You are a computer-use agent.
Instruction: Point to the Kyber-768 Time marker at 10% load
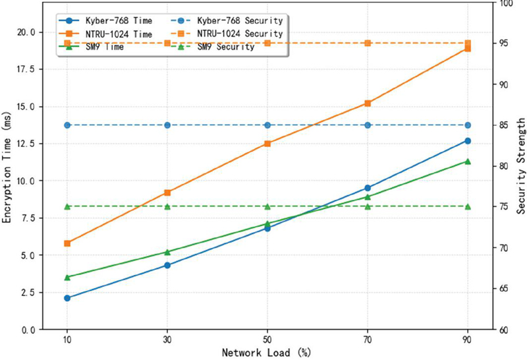(x=67, y=298)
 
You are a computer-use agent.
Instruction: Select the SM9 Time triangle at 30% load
(x=167, y=252)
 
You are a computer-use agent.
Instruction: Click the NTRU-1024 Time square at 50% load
(x=267, y=143)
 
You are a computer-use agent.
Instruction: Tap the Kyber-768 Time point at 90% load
(x=468, y=140)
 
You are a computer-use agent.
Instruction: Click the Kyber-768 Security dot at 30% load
(x=167, y=125)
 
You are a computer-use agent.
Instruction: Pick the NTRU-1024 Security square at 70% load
(x=368, y=44)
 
